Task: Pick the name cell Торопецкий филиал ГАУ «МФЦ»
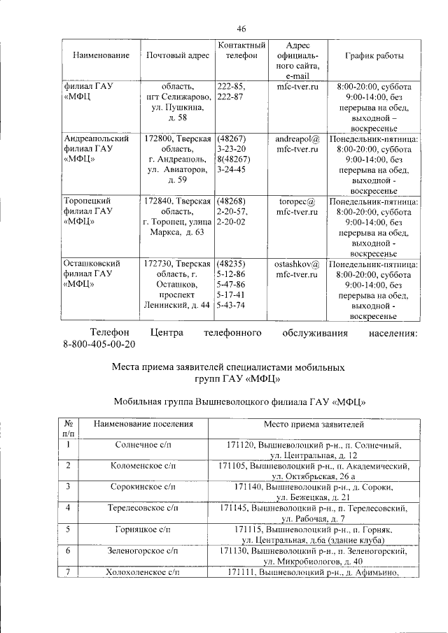tap(88, 211)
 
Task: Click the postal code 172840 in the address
tap(159, 201)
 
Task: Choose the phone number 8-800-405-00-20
tap(99, 345)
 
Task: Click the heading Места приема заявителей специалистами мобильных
tap(229, 367)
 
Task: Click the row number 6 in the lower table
tap(68, 551)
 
